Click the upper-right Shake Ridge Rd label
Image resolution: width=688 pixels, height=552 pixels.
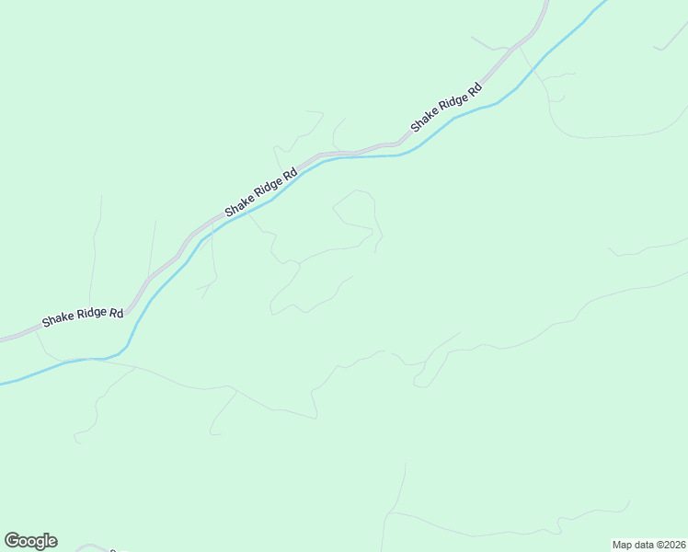pyautogui.click(x=446, y=108)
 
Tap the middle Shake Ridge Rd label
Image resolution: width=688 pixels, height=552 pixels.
pyautogui.click(x=261, y=192)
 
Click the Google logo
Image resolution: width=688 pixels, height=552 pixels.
pyautogui.click(x=30, y=541)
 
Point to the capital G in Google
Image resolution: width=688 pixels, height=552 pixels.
pyautogui.click(x=12, y=541)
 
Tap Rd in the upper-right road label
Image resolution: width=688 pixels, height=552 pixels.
pyautogui.click(x=474, y=90)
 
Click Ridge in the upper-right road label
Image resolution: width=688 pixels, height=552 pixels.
pyautogui.click(x=451, y=104)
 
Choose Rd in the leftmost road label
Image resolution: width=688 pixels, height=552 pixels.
pyautogui.click(x=116, y=313)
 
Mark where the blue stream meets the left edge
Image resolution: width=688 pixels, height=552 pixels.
pyautogui.click(x=2, y=382)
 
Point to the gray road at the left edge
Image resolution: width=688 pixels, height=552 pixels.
pyautogui.click(x=2, y=338)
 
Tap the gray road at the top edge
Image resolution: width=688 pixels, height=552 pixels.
pyautogui.click(x=545, y=3)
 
